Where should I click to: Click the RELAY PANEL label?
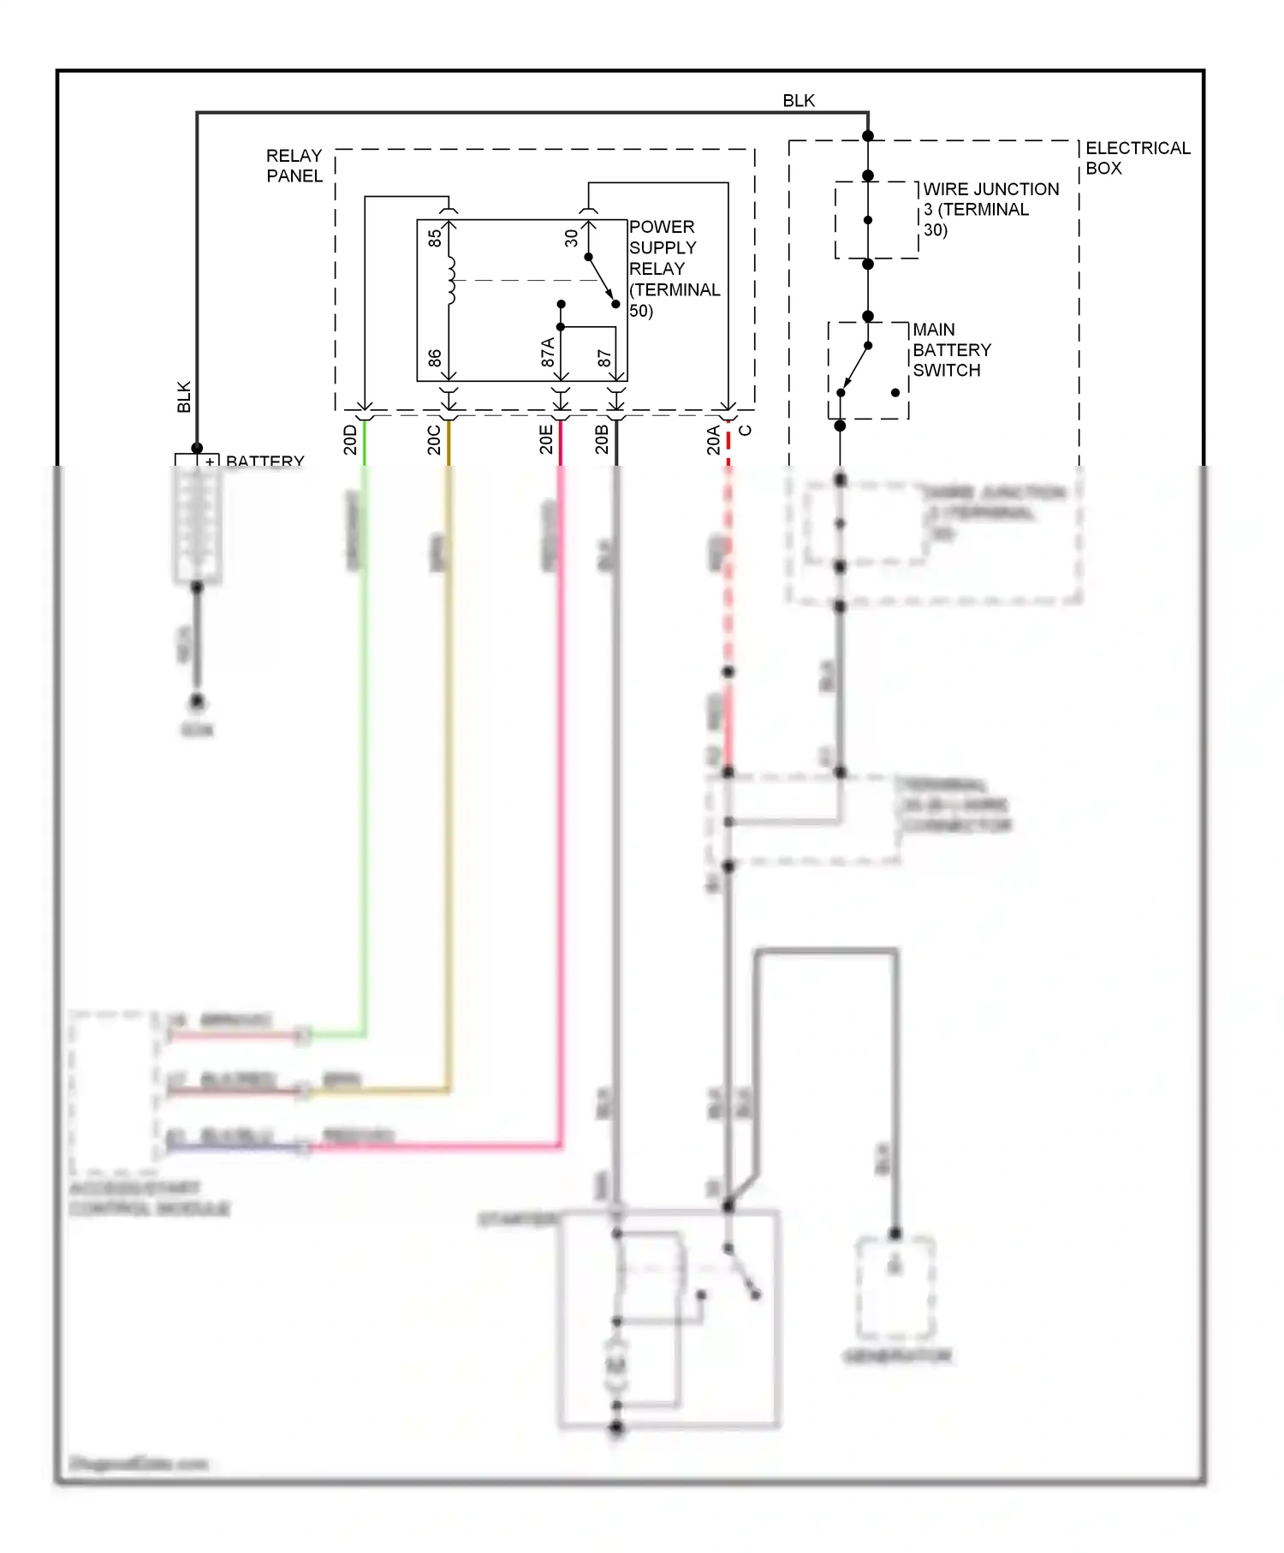point(294,165)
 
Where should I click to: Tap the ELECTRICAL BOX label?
point(1137,158)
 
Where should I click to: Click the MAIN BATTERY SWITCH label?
point(951,350)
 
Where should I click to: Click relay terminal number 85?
point(435,238)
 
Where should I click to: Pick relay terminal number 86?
point(435,358)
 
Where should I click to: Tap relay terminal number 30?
point(571,238)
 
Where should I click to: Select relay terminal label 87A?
point(548,353)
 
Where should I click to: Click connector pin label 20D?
point(350,439)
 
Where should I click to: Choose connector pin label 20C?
point(434,439)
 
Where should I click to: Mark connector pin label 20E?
point(546,439)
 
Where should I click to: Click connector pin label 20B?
point(602,439)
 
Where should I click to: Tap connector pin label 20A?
point(713,439)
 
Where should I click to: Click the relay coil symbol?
point(450,280)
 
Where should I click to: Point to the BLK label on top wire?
point(799,101)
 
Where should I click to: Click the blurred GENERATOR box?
point(895,1288)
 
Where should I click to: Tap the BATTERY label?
point(265,461)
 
